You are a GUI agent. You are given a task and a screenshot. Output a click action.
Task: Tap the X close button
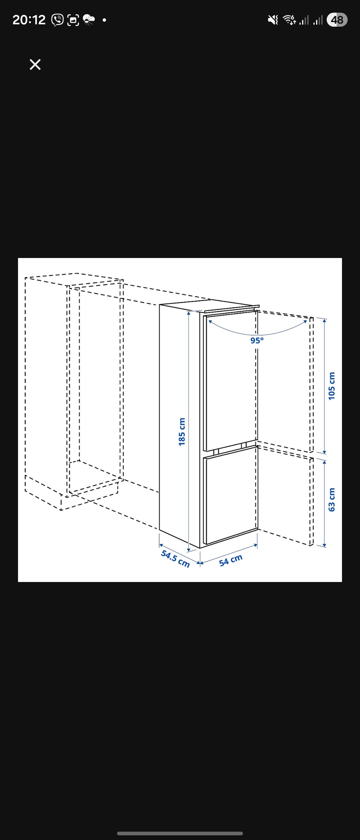coord(35,64)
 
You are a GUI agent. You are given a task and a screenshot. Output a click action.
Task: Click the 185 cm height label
coord(182,432)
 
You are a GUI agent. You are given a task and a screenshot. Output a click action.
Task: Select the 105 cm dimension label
coord(332,386)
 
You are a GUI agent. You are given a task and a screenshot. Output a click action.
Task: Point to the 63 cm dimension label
coord(332,500)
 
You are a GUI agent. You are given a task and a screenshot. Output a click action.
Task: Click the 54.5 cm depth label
coord(175,559)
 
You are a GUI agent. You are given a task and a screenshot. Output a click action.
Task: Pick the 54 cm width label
coord(231,560)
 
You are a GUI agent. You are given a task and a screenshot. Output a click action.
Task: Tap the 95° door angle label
coord(257,340)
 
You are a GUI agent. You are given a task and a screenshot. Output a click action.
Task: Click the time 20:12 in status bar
coord(29,20)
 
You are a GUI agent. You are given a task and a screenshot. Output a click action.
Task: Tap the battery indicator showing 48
coord(337,20)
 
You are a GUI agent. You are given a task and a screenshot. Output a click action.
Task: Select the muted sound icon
coord(273,20)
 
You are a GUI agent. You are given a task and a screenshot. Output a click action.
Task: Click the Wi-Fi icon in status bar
coord(289,20)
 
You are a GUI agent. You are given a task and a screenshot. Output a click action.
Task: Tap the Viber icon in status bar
coord(57,20)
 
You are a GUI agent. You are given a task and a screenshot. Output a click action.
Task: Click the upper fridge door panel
coord(230,380)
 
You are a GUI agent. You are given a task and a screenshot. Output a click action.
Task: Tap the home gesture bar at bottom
coord(180,833)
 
